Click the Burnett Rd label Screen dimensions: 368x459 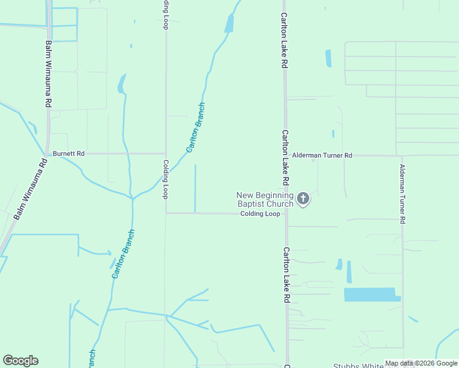pos(68,153)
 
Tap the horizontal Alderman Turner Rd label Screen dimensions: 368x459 pos(322,156)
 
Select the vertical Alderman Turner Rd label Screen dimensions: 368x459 pos(403,194)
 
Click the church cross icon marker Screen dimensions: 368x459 pos(303,198)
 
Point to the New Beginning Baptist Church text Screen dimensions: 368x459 pos(265,199)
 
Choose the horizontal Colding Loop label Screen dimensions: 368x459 pos(260,213)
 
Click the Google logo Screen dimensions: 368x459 pos(20,361)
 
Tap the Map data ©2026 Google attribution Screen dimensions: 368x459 pos(421,363)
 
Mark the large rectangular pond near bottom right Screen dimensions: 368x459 pos(371,294)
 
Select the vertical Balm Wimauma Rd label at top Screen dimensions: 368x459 pos(48,74)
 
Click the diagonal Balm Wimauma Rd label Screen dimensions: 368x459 pos(30,189)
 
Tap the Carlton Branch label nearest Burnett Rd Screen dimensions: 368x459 pos(196,128)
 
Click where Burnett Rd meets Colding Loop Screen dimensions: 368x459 pos(166,153)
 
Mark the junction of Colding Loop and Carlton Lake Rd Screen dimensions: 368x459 pos(285,213)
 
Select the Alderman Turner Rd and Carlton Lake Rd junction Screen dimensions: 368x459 pos(285,156)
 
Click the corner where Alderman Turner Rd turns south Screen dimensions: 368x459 pos(402,156)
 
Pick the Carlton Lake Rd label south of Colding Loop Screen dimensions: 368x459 pos(286,275)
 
